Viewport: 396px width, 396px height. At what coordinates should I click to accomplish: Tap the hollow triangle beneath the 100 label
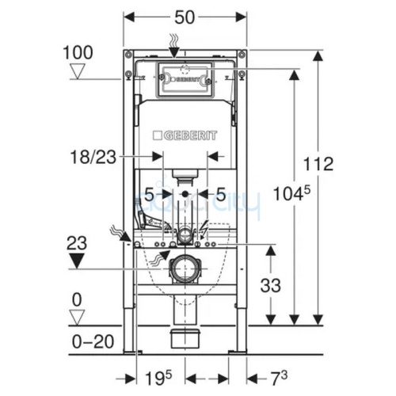click(78, 72)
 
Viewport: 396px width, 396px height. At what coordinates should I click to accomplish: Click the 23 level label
click(77, 242)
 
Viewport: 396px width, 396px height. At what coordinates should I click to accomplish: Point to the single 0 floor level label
click(77, 299)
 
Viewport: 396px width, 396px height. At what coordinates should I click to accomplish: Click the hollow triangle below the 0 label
click(78, 317)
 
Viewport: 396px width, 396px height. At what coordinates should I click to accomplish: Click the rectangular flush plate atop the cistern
click(185, 78)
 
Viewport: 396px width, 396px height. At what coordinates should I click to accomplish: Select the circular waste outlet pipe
click(185, 268)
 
